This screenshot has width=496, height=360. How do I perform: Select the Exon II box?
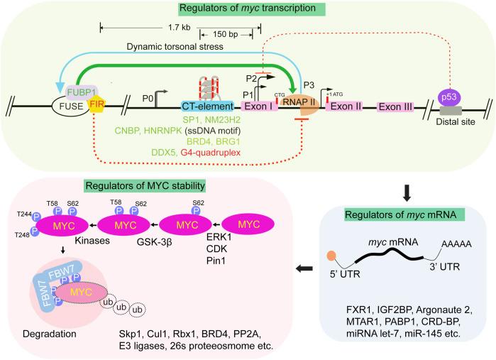(x=345, y=107)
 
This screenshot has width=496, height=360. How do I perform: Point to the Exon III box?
(x=399, y=107)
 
